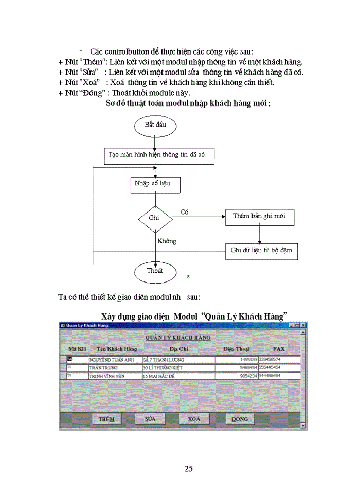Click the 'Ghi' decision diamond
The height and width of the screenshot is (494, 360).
coord(154,218)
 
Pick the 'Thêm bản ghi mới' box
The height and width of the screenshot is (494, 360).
coord(260,217)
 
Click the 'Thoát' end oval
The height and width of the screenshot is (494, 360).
coord(155,271)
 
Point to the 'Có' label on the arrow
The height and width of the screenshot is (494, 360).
coord(184,211)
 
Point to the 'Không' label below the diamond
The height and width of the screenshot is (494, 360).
coord(167,241)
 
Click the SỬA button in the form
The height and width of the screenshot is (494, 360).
coord(150,419)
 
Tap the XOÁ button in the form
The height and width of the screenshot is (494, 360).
coord(194,419)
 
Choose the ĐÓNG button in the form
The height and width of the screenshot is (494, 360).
coord(240,419)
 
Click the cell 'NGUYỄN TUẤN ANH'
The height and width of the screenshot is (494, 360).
coord(115,360)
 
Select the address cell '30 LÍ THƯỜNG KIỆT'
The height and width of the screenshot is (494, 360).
coord(178,368)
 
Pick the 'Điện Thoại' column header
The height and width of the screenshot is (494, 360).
coord(236,349)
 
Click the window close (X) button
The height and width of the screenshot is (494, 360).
coord(302,325)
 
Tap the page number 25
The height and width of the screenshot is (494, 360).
coord(189,468)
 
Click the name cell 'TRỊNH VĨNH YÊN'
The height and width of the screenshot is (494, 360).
coord(115,376)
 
